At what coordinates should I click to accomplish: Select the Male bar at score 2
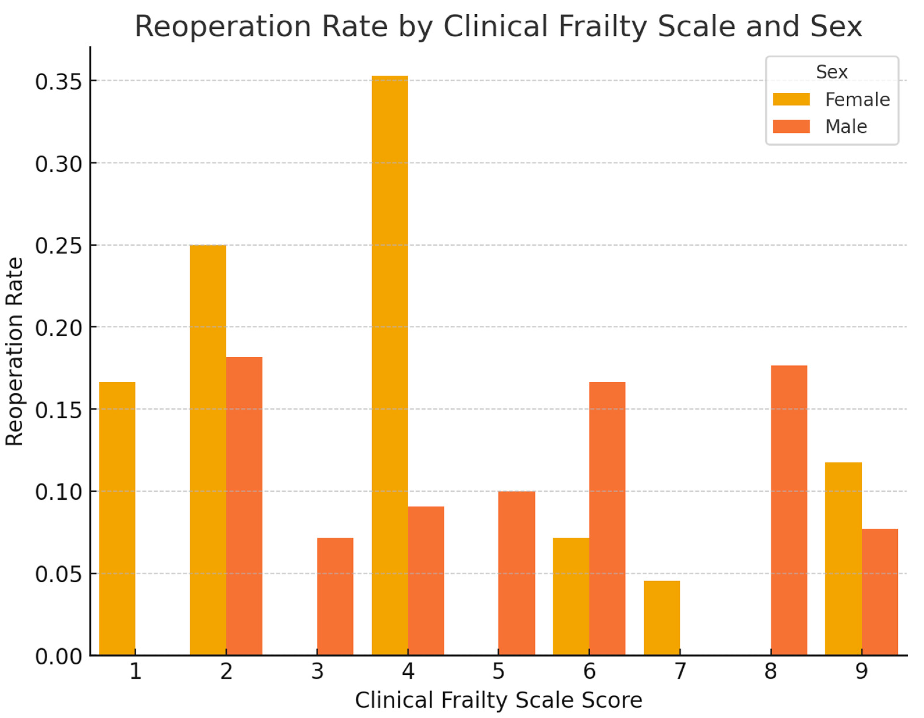point(244,506)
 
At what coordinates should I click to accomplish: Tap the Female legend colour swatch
point(791,99)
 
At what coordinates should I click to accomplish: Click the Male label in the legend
point(846,126)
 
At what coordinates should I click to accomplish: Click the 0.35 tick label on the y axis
point(58,82)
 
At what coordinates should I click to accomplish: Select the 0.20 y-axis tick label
point(58,328)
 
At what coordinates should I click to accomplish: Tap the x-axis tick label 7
point(680,671)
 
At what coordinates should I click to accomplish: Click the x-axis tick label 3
point(317,671)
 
